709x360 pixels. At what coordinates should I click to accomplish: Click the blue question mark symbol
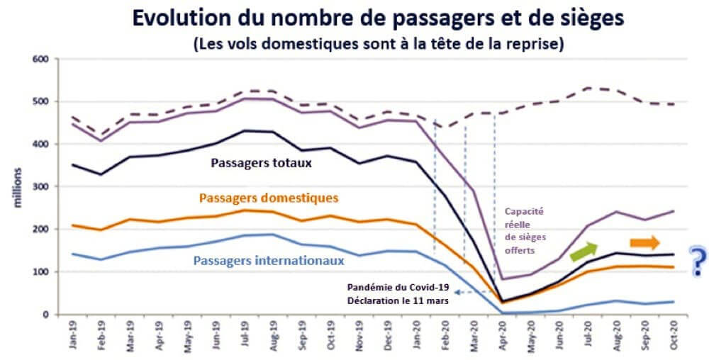point(698,260)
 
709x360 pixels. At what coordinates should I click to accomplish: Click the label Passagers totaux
point(261,162)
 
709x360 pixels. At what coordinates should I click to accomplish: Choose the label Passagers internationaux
point(269,260)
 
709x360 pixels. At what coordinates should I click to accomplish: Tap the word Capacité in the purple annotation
point(524,211)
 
